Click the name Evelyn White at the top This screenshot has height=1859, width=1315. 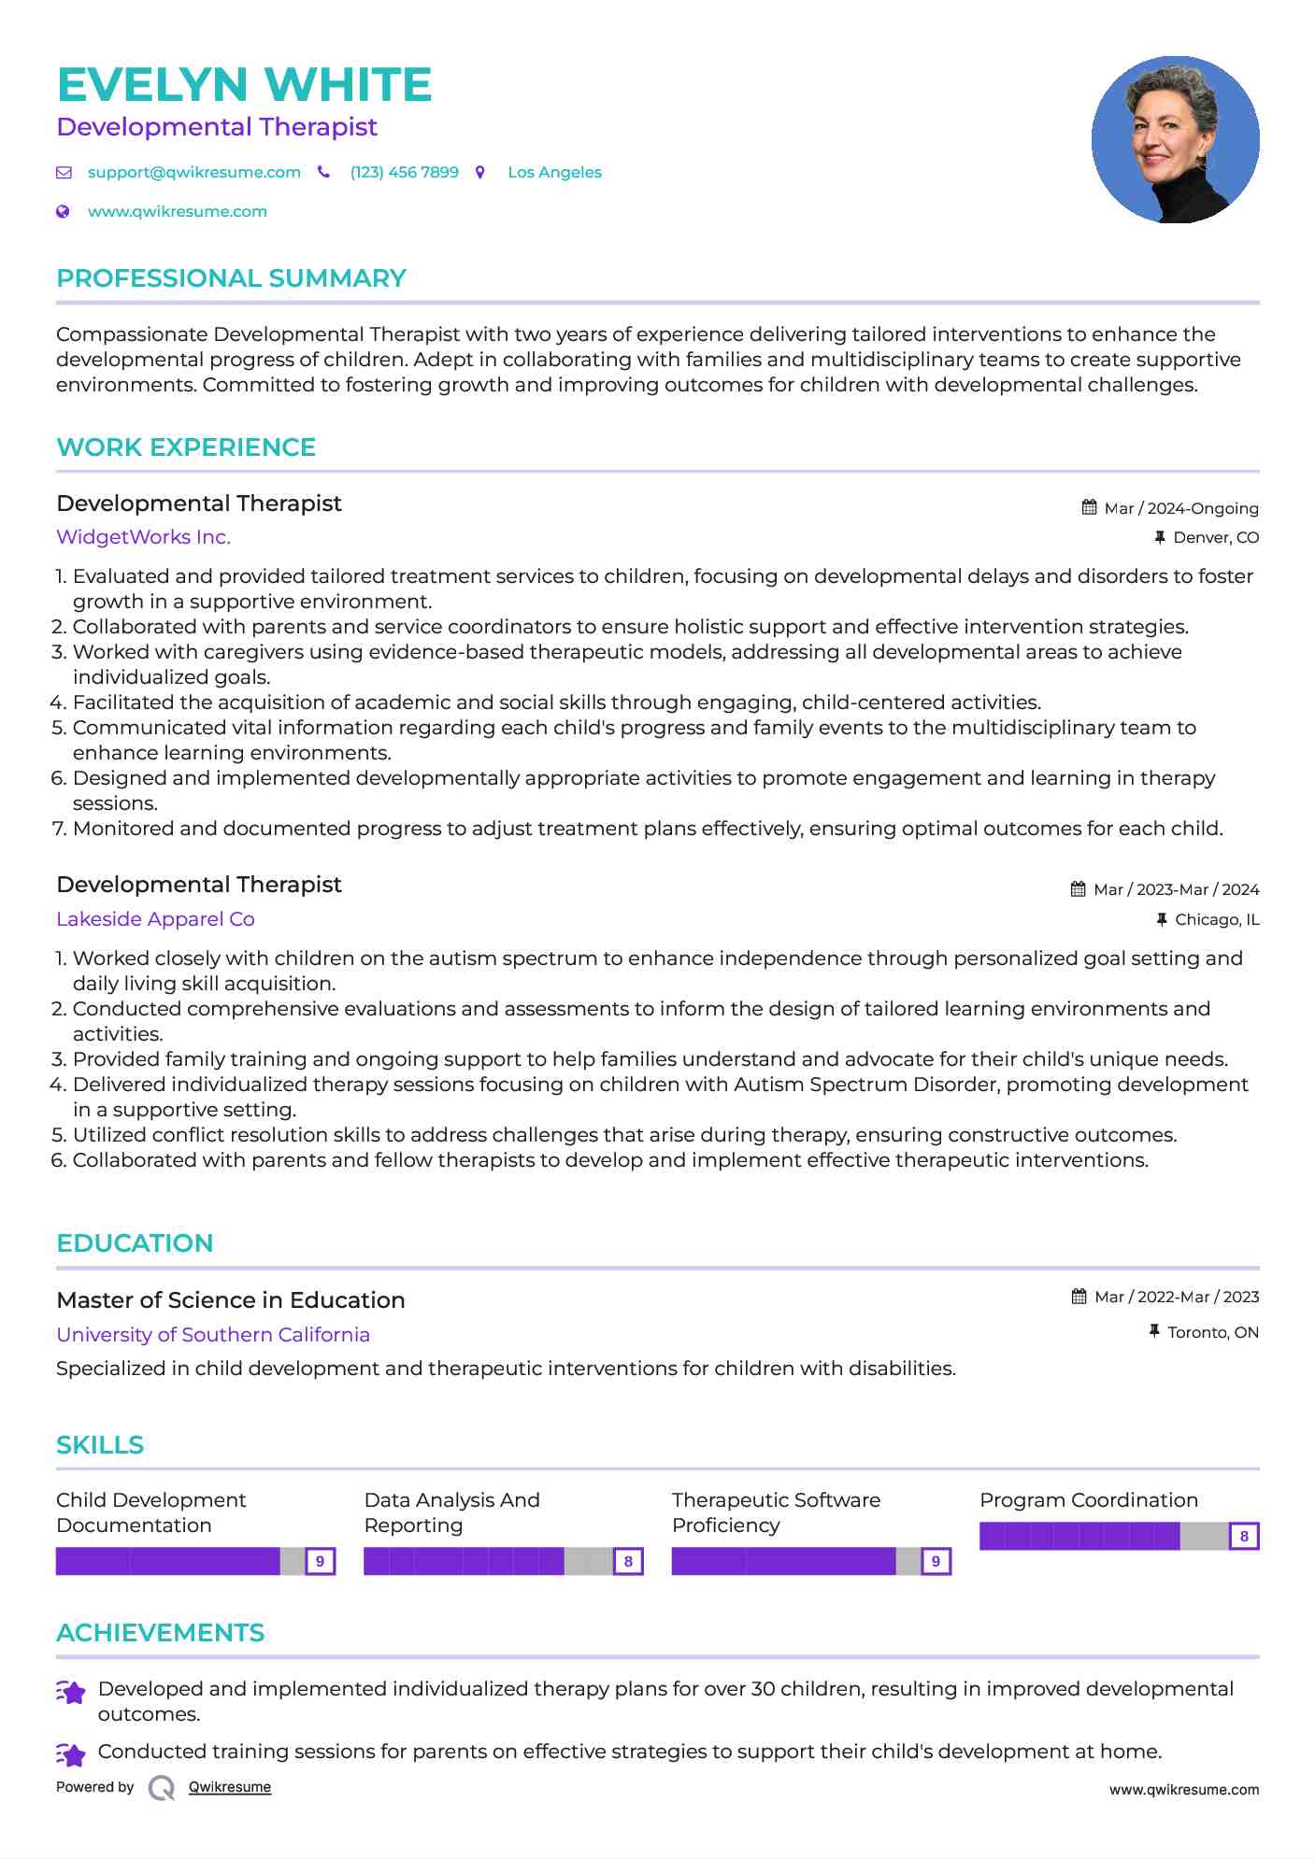pyautogui.click(x=244, y=85)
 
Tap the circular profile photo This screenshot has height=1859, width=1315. pyautogui.click(x=1175, y=140)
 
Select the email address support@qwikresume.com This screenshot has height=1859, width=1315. pyautogui.click(x=193, y=172)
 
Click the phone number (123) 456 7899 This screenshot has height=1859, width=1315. pyautogui.click(x=404, y=172)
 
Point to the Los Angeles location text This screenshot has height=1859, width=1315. pyautogui.click(x=554, y=172)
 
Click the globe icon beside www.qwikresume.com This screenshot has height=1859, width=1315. pyautogui.click(x=63, y=211)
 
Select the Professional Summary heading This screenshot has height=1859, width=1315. pyautogui.click(x=231, y=278)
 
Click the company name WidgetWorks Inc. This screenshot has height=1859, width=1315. pyautogui.click(x=143, y=537)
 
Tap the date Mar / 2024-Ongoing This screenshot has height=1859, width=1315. pyautogui.click(x=1180, y=508)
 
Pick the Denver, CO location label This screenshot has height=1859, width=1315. pyautogui.click(x=1215, y=537)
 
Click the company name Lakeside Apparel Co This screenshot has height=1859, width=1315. pyautogui.click(x=155, y=919)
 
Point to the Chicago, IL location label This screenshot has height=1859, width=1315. pyautogui.click(x=1216, y=919)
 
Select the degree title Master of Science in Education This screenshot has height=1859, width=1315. pyautogui.click(x=231, y=1300)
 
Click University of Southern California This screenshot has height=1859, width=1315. pyautogui.click(x=213, y=1335)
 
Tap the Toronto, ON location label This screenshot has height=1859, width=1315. pyautogui.click(x=1212, y=1332)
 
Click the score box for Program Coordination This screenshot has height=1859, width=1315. pyautogui.click(x=1244, y=1536)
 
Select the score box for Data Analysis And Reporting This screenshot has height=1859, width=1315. pyautogui.click(x=628, y=1561)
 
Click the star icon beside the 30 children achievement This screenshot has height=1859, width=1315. pyautogui.click(x=71, y=1692)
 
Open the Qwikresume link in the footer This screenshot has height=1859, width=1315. pyautogui.click(x=229, y=1787)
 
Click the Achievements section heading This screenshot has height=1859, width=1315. pyautogui.click(x=160, y=1633)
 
